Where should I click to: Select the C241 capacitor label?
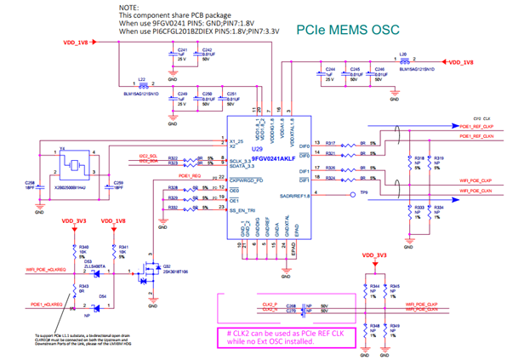pyautogui.click(x=181, y=51)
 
